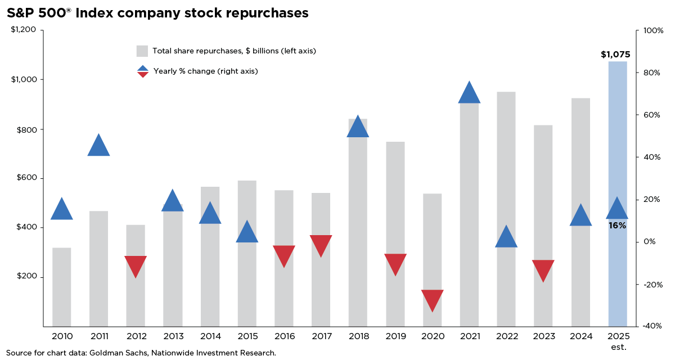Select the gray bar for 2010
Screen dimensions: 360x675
(61, 287)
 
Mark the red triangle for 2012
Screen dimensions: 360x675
(136, 265)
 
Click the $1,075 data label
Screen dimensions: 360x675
(615, 55)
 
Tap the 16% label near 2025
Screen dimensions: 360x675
(617, 226)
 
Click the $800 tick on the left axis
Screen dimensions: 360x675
(23, 129)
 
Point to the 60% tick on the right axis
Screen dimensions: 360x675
(652, 115)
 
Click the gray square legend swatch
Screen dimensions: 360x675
(142, 51)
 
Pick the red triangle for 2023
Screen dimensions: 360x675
(543, 269)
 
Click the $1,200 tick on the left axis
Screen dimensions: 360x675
(23, 30)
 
